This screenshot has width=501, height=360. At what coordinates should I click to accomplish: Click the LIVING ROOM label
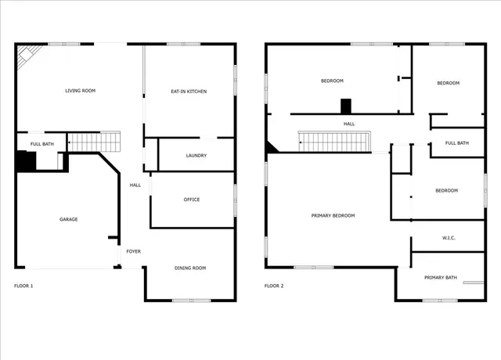80,91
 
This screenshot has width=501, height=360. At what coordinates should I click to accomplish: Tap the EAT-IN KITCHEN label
189,92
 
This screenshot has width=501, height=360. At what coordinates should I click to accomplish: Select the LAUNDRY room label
196,155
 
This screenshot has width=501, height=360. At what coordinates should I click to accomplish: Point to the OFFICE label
192,200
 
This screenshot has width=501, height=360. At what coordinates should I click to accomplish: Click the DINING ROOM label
189,268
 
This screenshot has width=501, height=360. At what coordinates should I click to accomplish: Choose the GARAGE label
69,219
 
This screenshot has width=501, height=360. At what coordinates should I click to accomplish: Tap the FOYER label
134,251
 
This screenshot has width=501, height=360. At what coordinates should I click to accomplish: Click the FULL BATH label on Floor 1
41,144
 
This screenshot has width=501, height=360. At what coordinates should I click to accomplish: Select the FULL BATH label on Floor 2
457,142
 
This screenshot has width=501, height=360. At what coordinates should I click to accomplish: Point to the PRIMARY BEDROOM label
333,215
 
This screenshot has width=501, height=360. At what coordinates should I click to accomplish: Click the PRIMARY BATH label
440,277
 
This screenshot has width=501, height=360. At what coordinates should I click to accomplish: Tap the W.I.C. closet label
449,238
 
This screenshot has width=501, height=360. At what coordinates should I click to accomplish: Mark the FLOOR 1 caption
24,286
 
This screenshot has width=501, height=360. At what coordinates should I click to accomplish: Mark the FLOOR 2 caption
274,286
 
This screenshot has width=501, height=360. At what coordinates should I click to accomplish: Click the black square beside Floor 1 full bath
25,160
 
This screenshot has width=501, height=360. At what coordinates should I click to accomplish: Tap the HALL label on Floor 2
349,124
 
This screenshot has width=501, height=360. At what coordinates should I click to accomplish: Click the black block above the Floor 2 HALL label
347,107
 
